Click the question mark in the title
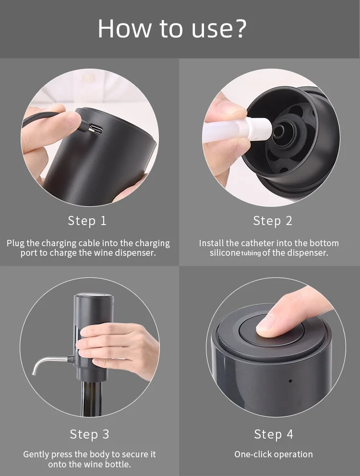point(239,29)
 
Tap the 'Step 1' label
point(87,221)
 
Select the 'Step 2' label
point(273,221)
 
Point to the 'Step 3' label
point(89,434)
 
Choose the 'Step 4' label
point(273,434)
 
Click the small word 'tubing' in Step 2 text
point(251,253)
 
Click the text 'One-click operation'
point(273,454)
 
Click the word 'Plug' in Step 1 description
point(15,243)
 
